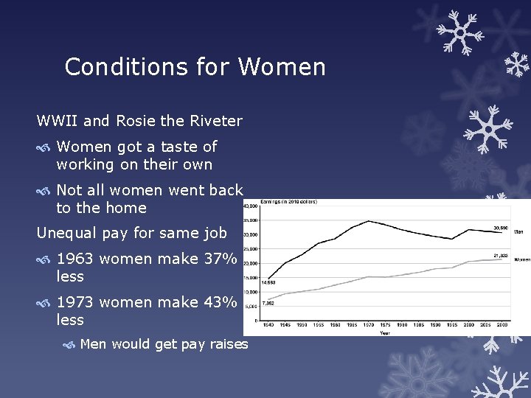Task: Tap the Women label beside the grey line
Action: click(521, 259)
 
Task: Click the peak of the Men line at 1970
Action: click(368, 220)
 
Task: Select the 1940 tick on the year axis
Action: click(268, 325)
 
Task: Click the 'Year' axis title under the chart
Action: click(385, 332)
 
